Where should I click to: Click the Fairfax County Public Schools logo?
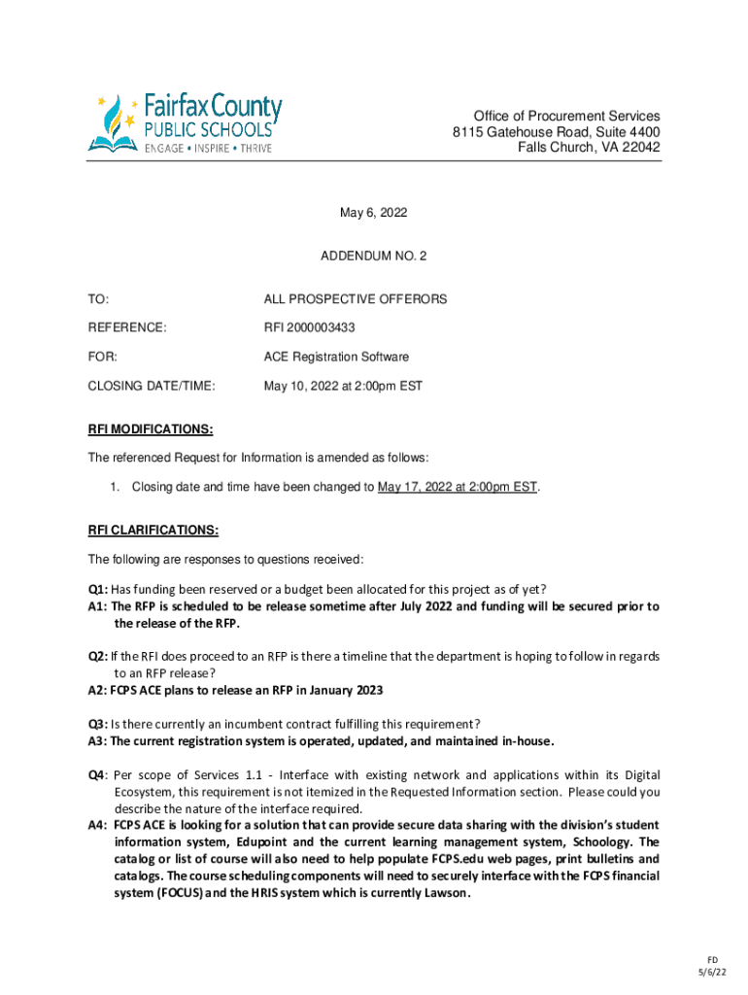185,122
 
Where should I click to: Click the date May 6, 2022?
373,213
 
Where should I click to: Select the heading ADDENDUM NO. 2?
373,256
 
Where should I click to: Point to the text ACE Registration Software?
336,357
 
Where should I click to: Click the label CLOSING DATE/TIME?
151,386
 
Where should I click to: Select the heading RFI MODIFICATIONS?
151,429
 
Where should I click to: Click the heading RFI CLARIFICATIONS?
153,530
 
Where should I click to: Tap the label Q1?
97,589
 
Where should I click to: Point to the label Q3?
97,724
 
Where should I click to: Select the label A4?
97,825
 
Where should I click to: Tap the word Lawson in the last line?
444,894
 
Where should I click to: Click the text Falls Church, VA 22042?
589,148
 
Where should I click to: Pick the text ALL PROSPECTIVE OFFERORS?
356,299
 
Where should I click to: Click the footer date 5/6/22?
711,973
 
